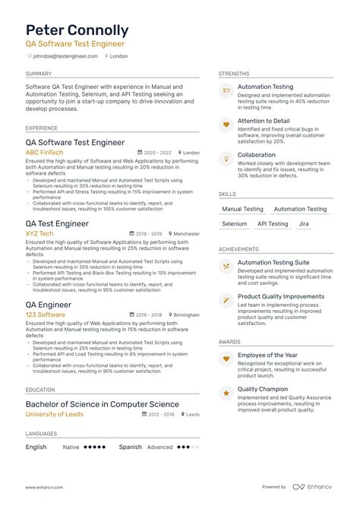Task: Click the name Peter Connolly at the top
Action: click(77, 30)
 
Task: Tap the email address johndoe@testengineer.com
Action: click(67, 56)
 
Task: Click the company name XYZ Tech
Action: click(39, 233)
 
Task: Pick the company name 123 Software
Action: click(45, 314)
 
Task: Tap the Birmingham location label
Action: click(186, 315)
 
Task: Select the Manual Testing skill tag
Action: click(242, 209)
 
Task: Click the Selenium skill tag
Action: click(235, 224)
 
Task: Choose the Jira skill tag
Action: click(304, 224)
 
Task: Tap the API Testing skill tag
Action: click(273, 224)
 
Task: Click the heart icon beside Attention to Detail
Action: click(226, 124)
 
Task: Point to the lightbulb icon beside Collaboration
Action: click(226, 157)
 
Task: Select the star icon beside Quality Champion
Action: click(226, 393)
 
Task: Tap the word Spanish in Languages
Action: click(130, 447)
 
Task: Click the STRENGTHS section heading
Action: click(233, 74)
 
